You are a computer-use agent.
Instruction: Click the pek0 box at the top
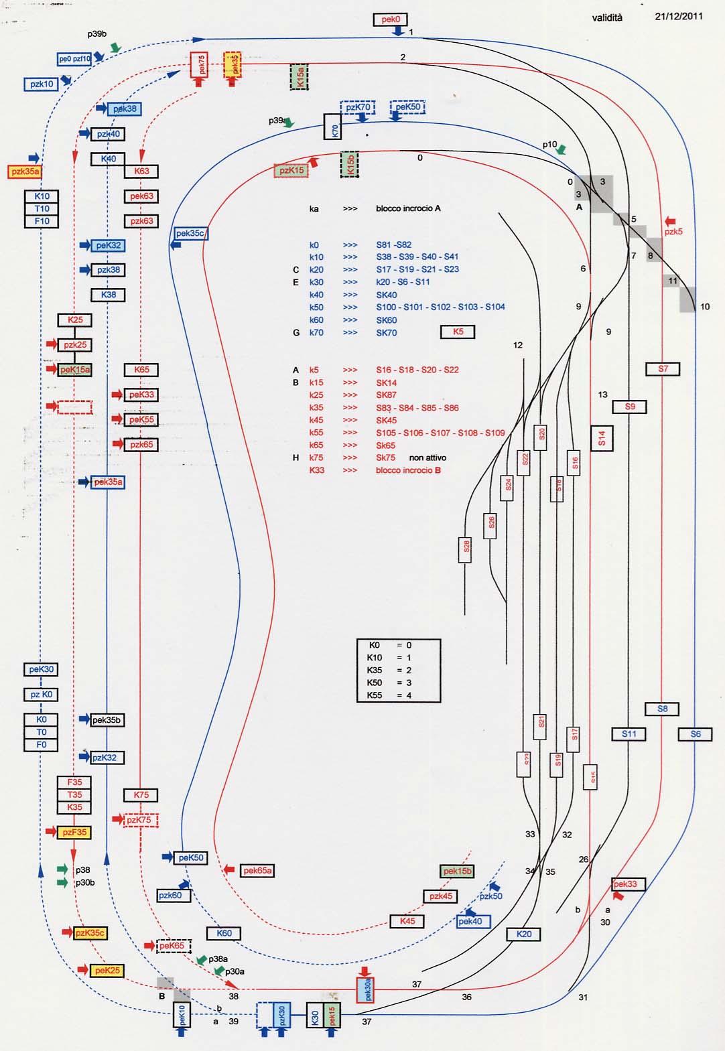point(391,20)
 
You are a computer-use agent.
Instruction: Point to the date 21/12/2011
point(679,16)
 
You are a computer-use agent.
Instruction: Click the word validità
point(607,18)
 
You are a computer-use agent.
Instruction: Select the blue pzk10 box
point(42,84)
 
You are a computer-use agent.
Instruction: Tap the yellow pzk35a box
point(25,171)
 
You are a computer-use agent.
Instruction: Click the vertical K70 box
point(332,127)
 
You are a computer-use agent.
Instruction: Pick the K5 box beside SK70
point(458,332)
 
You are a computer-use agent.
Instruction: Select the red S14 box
point(602,438)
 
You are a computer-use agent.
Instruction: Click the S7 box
point(663,369)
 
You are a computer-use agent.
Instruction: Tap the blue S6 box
point(696,734)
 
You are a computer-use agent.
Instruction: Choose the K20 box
point(524,934)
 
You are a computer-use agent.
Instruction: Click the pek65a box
point(257,870)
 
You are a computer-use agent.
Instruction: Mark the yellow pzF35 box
point(74,833)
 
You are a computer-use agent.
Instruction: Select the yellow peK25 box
point(107,970)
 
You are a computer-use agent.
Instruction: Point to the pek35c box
point(191,233)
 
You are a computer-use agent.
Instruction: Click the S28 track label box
point(466,546)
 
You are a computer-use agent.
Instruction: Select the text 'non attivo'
point(427,458)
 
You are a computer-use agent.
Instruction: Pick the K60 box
point(224,933)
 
